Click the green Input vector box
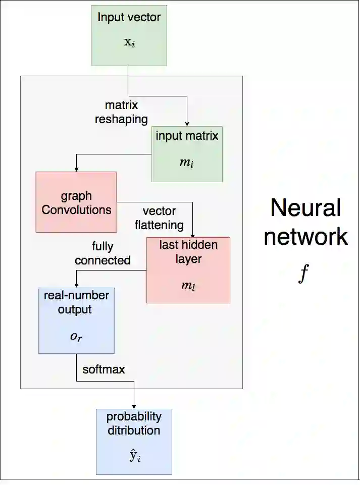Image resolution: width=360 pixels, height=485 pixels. coord(129,35)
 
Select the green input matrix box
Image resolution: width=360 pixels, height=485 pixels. coord(187,154)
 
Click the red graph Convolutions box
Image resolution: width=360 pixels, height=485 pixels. coord(76,202)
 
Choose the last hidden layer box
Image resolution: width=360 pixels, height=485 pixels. coord(188,270)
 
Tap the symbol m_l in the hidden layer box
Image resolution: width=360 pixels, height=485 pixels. coord(188,285)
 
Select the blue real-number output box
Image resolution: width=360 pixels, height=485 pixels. coord(76,320)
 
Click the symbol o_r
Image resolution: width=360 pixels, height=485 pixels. coord(76,336)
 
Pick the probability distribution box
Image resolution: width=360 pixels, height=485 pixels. coord(134,442)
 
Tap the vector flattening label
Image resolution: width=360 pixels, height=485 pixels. coord(159,218)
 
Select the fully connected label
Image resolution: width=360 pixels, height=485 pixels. coord(102,253)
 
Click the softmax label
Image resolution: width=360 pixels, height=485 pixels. coord(104,369)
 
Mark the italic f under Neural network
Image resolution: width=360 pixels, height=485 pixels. coord(303,274)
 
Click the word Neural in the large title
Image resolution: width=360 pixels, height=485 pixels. coord(305,207)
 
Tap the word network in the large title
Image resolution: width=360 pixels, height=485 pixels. coord(305,236)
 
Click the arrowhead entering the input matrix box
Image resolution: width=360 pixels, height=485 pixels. coord(187,123)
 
